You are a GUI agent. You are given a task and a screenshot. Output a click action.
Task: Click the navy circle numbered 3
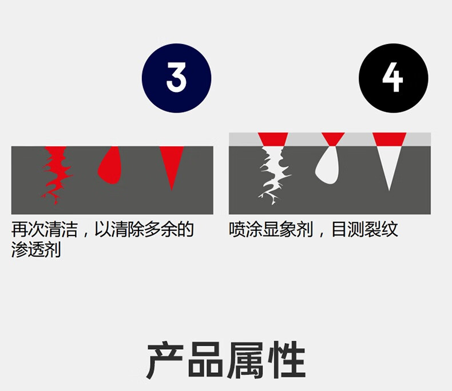176,78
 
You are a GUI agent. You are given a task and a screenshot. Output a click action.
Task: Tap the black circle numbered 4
393,78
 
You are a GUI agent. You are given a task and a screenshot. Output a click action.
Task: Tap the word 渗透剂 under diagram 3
35,250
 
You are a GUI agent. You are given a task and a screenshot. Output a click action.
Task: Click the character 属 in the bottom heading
246,362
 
